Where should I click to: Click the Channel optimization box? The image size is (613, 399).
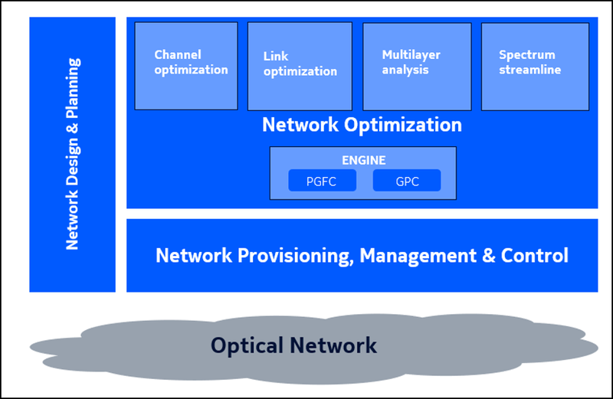186,65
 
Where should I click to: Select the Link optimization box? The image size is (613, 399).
300,66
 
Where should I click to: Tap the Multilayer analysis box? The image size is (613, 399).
415,66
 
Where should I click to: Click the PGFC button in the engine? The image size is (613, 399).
312,181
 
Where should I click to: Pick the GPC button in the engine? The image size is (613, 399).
406,181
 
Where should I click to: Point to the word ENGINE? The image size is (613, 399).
363,161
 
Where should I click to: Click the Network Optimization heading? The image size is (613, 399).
362,125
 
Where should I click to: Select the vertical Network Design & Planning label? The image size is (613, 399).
72,153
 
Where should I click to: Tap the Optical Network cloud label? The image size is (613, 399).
294,345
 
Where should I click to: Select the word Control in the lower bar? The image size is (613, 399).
535,255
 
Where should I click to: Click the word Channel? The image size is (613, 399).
178,55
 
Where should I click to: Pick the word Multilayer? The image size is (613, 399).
411,55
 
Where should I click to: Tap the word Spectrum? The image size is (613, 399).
526,55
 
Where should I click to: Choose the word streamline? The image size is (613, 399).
529,70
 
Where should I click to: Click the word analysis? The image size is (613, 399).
405,70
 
